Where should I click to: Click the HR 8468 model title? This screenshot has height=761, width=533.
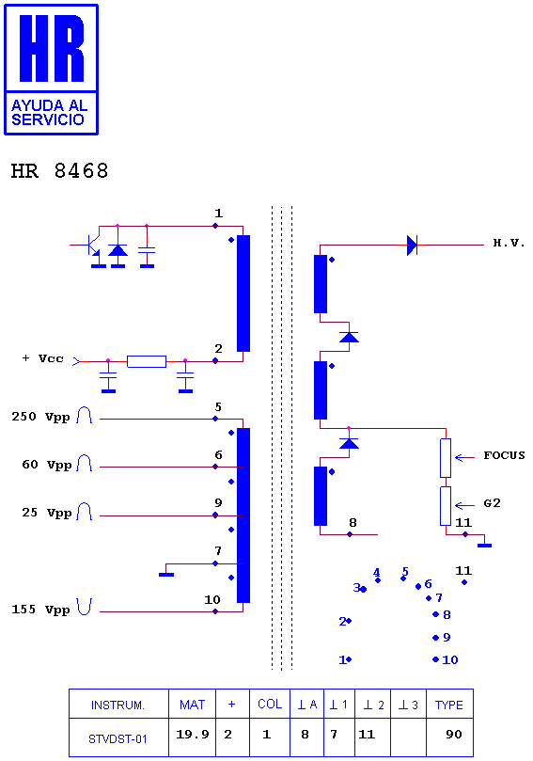pos(59,171)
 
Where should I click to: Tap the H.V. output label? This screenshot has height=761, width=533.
pos(509,243)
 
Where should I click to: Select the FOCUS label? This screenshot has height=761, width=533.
pos(504,455)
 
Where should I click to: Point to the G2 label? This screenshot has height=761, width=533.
pos(492,503)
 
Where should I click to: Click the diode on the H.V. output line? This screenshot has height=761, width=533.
pos(412,246)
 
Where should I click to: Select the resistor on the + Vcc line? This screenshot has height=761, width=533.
pos(147,361)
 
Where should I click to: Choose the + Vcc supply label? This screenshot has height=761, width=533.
pos(42,358)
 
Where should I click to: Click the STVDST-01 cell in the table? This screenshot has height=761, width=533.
pos(118,739)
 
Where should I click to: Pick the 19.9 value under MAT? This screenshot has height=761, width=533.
pos(192,735)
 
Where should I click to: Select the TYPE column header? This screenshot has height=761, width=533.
pos(449,705)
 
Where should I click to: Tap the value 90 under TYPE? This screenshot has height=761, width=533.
pos(454,735)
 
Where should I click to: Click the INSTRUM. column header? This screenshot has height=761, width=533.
pos(118,706)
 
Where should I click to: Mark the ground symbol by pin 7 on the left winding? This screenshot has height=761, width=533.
pos(166,575)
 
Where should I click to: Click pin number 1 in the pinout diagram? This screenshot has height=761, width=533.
pos(342,659)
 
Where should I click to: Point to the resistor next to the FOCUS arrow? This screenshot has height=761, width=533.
pos(446,458)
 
